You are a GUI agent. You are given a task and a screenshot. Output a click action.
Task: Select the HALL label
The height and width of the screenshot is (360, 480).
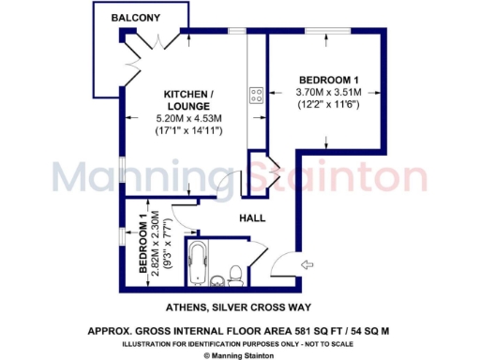pyautogui.click(x=251, y=217)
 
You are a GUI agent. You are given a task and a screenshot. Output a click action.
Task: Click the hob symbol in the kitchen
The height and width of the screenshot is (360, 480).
pyautogui.click(x=255, y=94)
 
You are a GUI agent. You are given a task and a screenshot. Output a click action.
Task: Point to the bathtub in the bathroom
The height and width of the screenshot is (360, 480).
pyautogui.click(x=199, y=266)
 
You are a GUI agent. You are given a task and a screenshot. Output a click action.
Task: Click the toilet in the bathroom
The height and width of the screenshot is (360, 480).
pyautogui.click(x=235, y=274)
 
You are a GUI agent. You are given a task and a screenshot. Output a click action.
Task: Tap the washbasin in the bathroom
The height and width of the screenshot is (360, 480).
pyautogui.click(x=217, y=279)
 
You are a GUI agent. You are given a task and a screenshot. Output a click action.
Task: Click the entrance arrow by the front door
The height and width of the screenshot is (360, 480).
pyautogui.click(x=305, y=266)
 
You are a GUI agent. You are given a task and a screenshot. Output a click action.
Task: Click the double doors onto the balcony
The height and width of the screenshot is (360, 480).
pyautogui.click(x=150, y=52)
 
